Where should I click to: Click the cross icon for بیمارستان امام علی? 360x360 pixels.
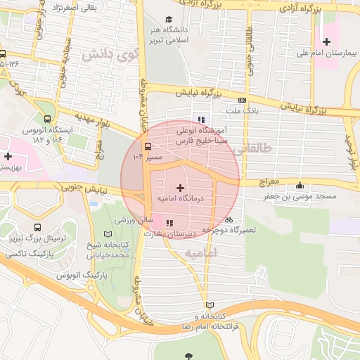[x=326, y=41]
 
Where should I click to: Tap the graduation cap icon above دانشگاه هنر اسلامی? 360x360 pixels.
[x=168, y=20]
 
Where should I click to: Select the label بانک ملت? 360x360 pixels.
[x=243, y=111]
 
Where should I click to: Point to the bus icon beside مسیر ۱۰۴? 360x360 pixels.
[x=148, y=147]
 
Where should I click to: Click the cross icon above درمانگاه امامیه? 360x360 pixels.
[x=181, y=188]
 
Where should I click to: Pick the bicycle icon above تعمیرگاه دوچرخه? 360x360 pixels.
[x=229, y=219]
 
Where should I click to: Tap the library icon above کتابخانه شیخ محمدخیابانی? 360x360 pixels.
[x=108, y=233]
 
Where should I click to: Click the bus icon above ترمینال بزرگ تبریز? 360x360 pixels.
[x=37, y=228]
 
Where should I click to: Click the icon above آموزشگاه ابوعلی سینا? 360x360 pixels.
[x=202, y=120]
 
